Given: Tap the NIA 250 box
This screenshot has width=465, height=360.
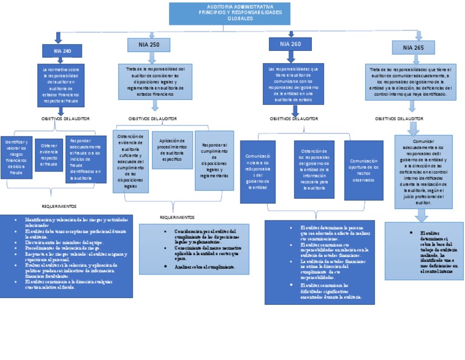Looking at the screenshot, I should pos(152,45).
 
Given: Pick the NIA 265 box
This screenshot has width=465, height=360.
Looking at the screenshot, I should pos(413,47).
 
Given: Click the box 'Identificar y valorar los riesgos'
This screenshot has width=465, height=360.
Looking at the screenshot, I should pos(16,157).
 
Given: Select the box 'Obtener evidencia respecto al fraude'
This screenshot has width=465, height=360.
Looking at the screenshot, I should pos(48,155).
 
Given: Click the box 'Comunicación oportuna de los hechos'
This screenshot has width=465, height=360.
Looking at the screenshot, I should pos(363,170).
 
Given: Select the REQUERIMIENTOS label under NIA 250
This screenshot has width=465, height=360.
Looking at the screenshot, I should pos(177,217).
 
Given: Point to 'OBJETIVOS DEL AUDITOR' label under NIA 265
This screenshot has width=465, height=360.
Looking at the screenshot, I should pos(398,119).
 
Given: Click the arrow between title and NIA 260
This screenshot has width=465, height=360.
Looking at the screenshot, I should pos(291,34).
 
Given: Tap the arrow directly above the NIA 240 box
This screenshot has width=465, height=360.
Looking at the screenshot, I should pos(58,38).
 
